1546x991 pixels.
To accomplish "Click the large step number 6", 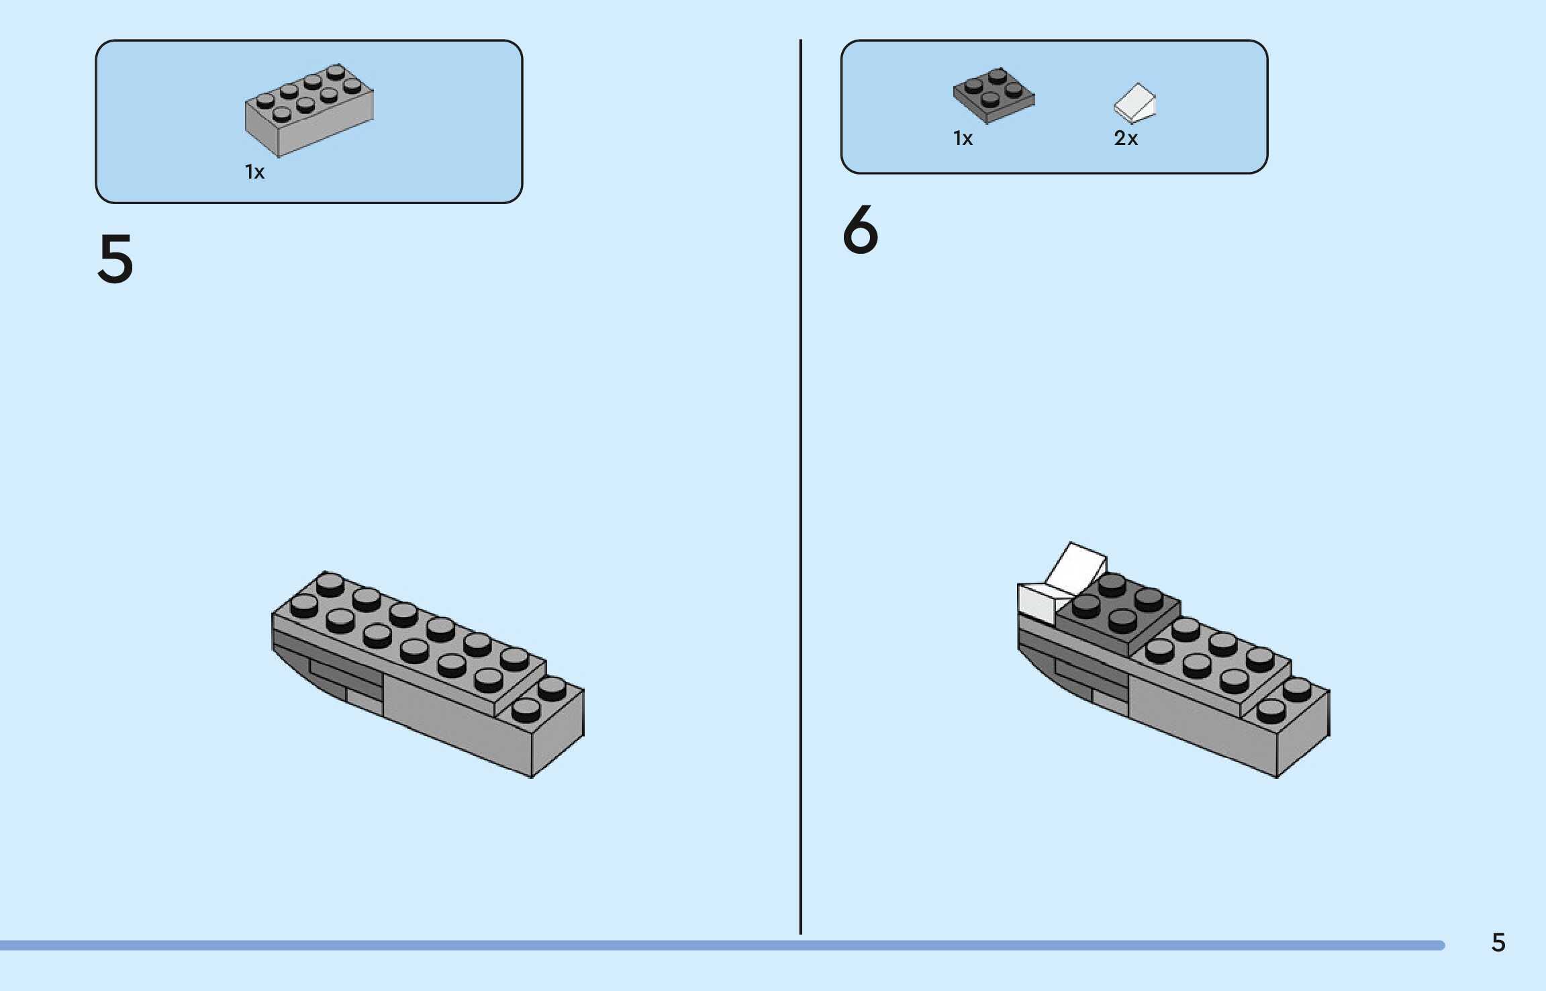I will click(860, 230).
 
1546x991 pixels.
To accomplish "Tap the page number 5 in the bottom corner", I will click(1498, 943).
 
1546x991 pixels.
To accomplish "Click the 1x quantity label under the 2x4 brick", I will click(254, 173).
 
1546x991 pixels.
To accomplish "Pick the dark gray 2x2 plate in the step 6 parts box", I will click(994, 95).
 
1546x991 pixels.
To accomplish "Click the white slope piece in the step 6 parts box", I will click(1134, 103).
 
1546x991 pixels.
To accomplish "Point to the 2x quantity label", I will click(1126, 138).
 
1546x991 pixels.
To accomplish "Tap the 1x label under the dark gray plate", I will click(963, 138).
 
